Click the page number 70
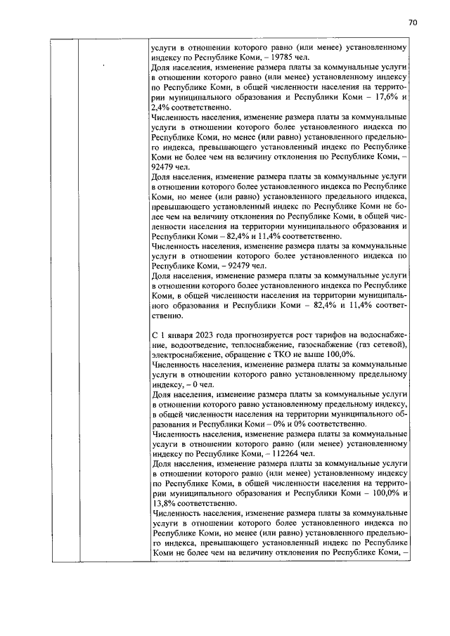click(413, 22)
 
